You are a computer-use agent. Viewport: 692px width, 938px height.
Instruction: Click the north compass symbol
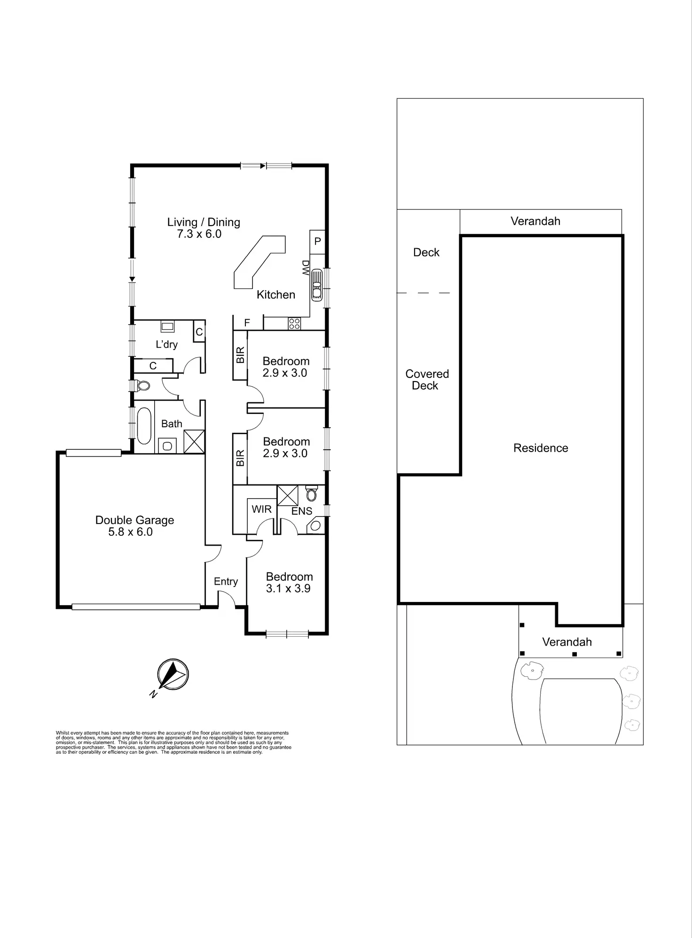click(173, 674)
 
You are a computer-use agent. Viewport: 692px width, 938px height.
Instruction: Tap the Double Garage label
click(134, 520)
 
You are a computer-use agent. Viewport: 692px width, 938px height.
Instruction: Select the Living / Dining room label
click(204, 222)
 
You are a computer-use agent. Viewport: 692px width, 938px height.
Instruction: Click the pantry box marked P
click(317, 242)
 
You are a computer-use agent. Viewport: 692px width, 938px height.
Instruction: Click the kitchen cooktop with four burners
click(294, 323)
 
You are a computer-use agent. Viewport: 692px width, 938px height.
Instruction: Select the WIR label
click(261, 509)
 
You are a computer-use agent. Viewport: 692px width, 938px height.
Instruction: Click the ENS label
click(301, 511)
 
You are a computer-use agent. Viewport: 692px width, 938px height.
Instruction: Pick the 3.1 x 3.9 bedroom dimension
click(288, 588)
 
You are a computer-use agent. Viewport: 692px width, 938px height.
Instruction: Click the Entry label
click(226, 581)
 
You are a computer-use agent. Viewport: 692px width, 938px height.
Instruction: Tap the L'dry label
click(166, 344)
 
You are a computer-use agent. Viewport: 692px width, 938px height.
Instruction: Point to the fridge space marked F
click(247, 323)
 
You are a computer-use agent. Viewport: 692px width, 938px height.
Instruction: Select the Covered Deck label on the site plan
click(427, 380)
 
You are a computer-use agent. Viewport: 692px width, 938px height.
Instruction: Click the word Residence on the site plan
click(541, 448)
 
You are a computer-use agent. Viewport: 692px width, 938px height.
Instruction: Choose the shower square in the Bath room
click(194, 441)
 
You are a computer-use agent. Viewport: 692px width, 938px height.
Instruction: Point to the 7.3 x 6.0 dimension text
click(199, 234)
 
